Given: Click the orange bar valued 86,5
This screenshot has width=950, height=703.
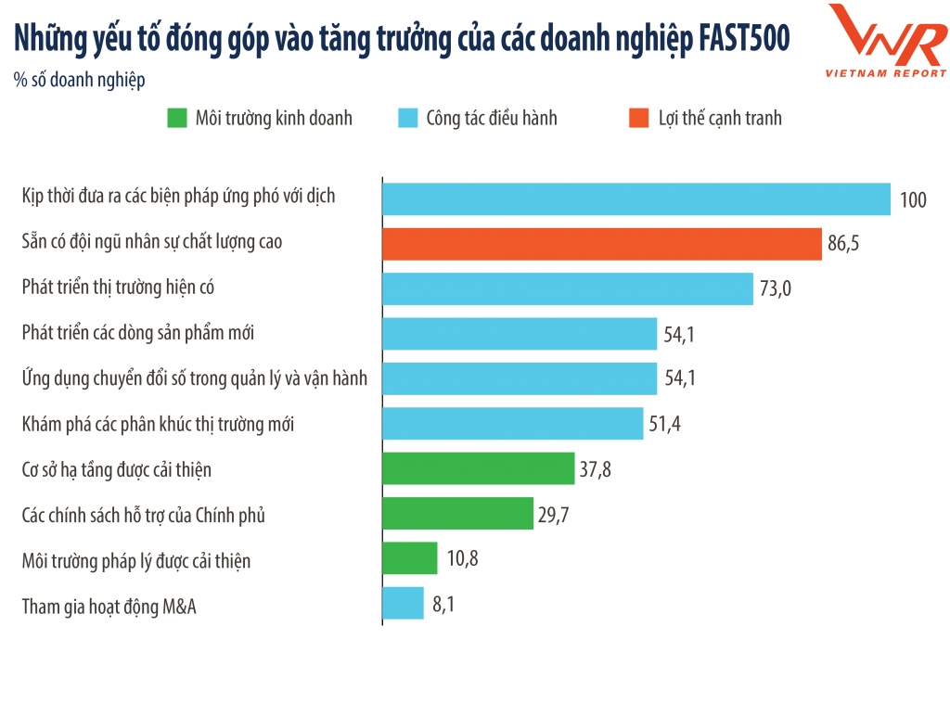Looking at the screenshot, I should point(602,244).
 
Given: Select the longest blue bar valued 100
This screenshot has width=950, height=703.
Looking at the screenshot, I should point(636,198).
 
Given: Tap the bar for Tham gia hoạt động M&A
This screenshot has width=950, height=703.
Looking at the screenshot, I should point(403,604).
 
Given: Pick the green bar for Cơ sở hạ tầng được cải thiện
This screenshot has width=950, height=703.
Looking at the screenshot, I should point(479,468).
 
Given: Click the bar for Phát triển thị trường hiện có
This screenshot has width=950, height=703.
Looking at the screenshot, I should point(568,288).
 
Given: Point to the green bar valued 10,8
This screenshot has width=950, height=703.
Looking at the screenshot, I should point(410,558).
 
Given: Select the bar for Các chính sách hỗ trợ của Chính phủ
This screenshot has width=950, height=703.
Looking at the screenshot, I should point(457,514).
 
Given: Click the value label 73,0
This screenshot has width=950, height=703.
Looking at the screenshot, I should point(775,289).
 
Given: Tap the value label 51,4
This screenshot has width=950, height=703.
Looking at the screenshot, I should point(665,425).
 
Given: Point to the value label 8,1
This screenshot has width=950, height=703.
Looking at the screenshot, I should point(443,605).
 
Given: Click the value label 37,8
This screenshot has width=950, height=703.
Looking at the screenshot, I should point(596,469).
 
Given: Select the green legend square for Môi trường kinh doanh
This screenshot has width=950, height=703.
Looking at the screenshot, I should point(176,118).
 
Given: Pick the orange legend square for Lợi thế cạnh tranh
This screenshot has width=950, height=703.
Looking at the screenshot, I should point(637,118).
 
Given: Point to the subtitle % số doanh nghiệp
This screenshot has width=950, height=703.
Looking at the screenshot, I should point(80,80).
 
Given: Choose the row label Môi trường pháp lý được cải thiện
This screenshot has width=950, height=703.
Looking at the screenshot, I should point(136,560).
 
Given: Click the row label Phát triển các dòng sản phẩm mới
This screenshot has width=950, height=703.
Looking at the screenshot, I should point(138,334).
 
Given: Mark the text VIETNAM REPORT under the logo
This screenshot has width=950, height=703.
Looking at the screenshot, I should point(886,72).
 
